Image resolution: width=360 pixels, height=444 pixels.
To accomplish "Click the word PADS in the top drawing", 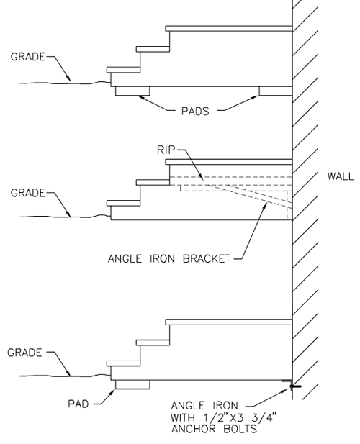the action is (195, 111).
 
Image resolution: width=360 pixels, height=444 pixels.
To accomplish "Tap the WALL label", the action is (341, 176).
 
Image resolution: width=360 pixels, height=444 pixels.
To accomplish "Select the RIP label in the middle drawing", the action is (166, 150).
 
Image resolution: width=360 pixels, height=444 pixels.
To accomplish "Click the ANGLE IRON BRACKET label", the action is (169, 259).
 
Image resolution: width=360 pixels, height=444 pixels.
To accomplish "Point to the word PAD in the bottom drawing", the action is (78, 404).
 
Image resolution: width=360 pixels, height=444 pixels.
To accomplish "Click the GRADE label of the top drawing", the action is (28, 57).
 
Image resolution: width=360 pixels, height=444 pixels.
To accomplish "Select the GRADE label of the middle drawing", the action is (28, 193).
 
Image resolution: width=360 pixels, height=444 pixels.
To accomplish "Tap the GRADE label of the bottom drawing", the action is (24, 353).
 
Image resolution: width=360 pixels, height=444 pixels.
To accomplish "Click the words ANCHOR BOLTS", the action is (214, 429).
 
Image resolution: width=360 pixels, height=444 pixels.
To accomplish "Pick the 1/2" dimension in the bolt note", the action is (213, 417).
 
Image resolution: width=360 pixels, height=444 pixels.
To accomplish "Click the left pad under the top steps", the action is (132, 91).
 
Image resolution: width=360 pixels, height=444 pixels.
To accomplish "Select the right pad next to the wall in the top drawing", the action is (276, 91).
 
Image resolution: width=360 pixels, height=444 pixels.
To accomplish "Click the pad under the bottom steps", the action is (132, 384).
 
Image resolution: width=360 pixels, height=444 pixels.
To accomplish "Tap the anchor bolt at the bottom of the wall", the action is (295, 386).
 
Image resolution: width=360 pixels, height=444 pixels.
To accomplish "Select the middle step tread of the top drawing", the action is (153, 49).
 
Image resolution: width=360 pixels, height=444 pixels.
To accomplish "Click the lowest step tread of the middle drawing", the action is (124, 203).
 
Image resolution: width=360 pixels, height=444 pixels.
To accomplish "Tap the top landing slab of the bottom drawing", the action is (229, 322).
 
